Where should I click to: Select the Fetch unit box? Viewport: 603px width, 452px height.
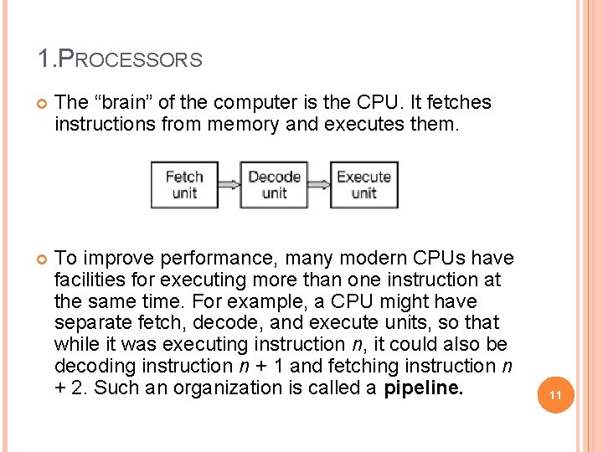(184, 185)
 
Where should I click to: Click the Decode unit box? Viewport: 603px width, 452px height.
(274, 185)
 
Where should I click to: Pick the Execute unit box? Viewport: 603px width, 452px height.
(363, 185)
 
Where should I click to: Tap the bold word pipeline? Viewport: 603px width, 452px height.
(423, 388)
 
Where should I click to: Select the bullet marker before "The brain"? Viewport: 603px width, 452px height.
(39, 103)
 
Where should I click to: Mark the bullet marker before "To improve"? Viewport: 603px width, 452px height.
(39, 258)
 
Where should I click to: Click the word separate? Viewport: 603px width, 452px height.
(88, 323)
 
